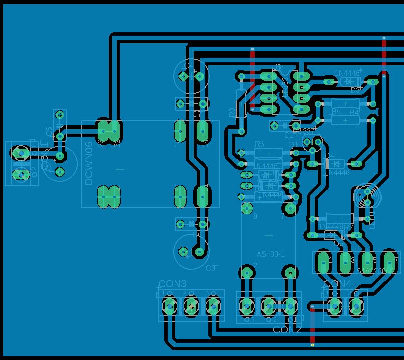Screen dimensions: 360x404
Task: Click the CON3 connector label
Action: [x=172, y=284]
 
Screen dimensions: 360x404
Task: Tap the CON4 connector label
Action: [x=338, y=284]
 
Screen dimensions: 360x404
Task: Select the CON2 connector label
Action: [x=287, y=329]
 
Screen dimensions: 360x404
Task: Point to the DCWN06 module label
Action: [x=89, y=163]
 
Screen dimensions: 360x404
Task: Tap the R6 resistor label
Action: [x=259, y=144]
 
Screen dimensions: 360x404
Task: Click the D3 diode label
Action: [x=355, y=90]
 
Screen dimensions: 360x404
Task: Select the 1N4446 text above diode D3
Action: [x=347, y=73]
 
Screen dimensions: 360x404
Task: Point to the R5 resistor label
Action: [x=336, y=112]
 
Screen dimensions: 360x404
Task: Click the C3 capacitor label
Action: [x=210, y=268]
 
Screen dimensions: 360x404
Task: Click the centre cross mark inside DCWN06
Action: [x=120, y=170]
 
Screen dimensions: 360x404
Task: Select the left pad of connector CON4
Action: [x=334, y=304]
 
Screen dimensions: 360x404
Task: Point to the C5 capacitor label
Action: [x=49, y=131]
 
